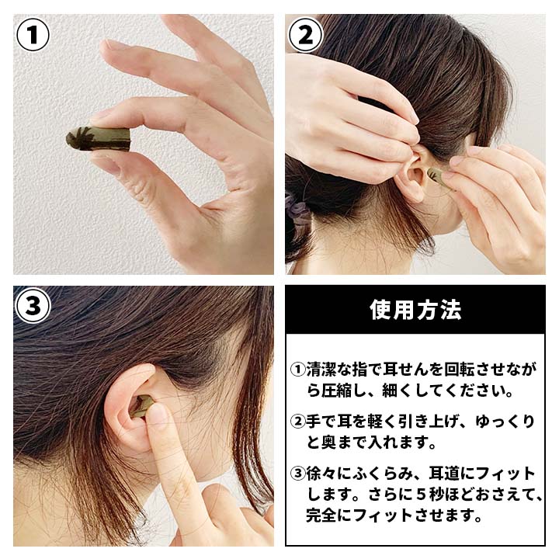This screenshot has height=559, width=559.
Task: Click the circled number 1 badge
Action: click(x=33, y=34)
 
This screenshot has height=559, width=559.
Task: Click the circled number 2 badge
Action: click(x=305, y=34)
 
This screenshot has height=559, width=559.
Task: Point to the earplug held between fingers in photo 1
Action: click(x=99, y=139)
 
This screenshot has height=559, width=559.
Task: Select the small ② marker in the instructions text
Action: click(x=298, y=422)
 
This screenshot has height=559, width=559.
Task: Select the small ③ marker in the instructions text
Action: click(x=298, y=474)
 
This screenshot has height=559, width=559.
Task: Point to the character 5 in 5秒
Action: click(x=420, y=495)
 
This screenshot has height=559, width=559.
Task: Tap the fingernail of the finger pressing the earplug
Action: click(x=158, y=417)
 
